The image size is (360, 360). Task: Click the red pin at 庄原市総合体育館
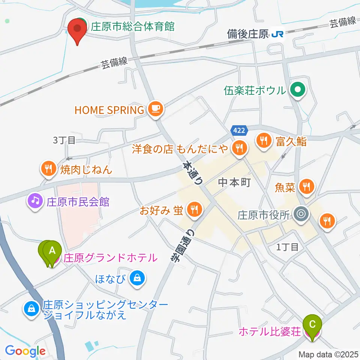(x=77, y=29)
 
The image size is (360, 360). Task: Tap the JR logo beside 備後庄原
(x=278, y=34)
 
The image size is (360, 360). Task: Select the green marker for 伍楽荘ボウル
(x=298, y=90)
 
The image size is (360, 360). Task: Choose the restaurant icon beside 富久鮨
(x=264, y=141)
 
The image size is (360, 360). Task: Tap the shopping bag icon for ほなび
(x=137, y=278)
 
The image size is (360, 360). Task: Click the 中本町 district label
(x=234, y=183)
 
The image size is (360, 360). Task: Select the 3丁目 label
(x=64, y=141)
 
